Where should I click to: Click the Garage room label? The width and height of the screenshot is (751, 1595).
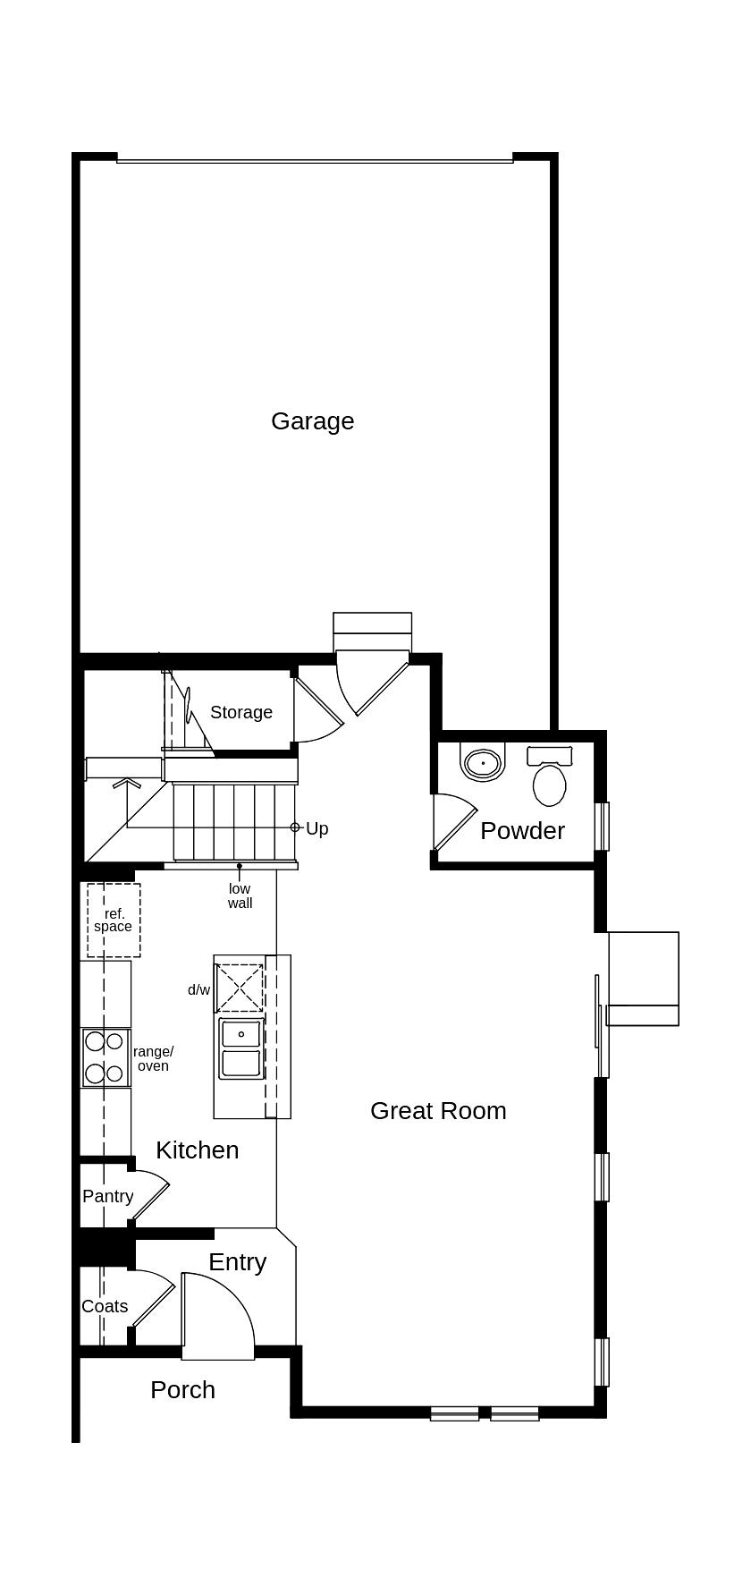point(313,421)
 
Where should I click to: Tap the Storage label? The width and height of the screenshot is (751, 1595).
point(241,712)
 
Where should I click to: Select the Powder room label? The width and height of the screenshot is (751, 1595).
point(522,830)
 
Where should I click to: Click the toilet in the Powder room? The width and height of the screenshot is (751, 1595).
point(550,776)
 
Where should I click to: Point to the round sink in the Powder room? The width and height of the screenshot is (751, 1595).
point(484,763)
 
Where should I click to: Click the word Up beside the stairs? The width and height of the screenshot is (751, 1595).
point(317,828)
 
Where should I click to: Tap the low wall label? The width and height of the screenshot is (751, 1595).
point(240,895)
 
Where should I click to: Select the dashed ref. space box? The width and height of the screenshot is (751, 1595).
point(114,920)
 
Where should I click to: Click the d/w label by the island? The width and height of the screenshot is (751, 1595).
point(198,989)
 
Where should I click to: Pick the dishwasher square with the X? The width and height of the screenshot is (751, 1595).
point(240,988)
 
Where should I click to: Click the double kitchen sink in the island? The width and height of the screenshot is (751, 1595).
point(241,1048)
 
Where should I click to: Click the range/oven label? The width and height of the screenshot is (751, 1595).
point(154,1058)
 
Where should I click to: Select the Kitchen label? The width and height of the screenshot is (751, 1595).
point(198,1150)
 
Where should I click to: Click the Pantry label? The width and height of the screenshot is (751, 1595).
point(108,1196)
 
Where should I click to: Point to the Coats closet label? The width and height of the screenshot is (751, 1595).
point(105,1306)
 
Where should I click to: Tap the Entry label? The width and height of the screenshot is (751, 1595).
point(238,1262)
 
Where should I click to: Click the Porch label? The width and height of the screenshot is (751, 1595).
point(183,1389)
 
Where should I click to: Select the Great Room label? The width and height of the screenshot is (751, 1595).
point(438,1110)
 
